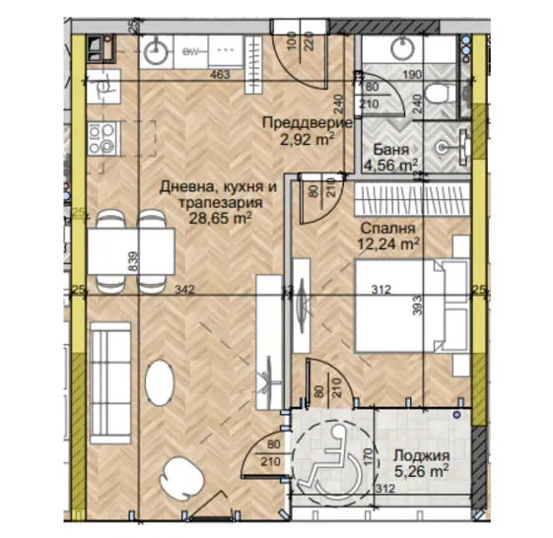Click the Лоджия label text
tap(421, 455)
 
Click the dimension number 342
tap(180, 290)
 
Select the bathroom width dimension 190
tap(413, 75)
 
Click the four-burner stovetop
tap(102, 138)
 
